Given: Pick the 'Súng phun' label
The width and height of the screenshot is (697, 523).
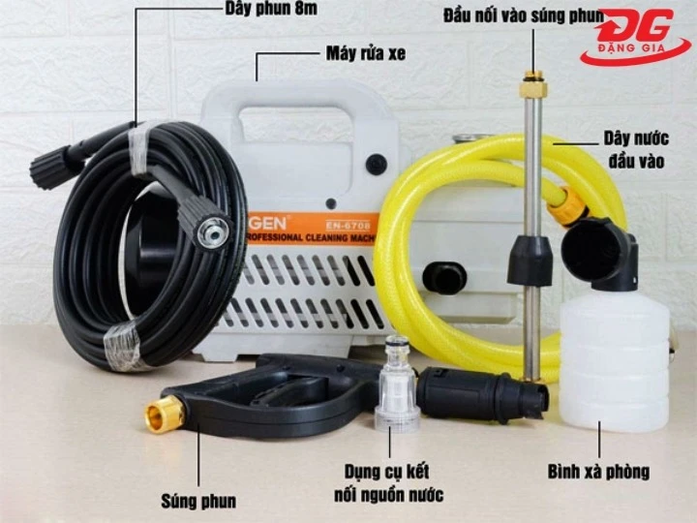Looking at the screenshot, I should (198, 501).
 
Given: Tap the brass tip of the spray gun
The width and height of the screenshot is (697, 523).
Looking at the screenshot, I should (165, 415).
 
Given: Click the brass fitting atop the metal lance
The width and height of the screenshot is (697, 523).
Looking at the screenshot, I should (531, 84).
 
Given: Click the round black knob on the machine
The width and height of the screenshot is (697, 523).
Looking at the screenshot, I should (377, 164).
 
